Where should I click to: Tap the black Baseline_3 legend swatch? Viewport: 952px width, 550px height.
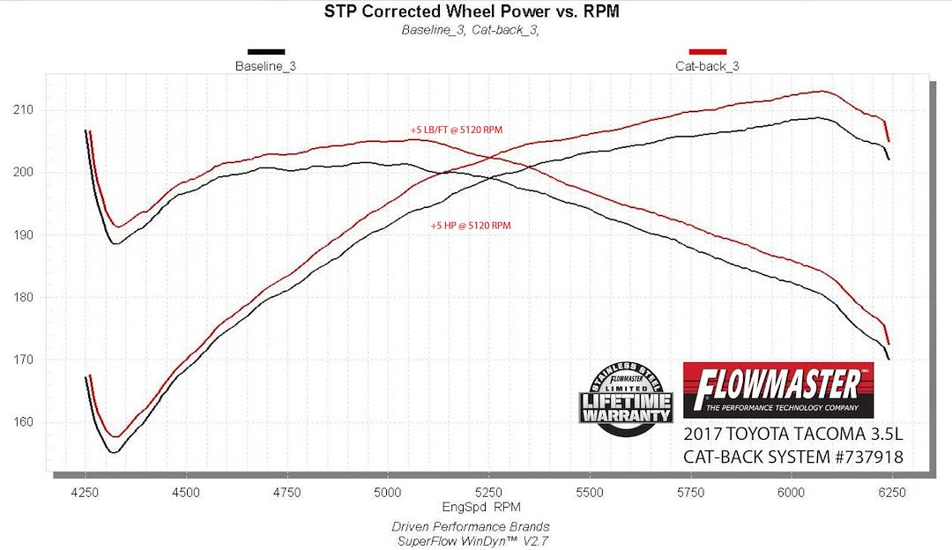coord(266,52)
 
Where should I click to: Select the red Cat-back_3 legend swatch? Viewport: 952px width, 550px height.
coord(707,52)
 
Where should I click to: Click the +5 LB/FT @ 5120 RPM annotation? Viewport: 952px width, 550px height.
coord(456,130)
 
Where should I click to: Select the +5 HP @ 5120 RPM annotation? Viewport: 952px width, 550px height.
coord(471,226)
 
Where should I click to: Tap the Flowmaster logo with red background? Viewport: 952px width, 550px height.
coord(778,390)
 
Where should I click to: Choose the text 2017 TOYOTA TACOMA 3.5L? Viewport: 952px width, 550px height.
coord(793,435)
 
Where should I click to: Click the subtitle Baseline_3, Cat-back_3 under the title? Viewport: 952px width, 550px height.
coord(470,29)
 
